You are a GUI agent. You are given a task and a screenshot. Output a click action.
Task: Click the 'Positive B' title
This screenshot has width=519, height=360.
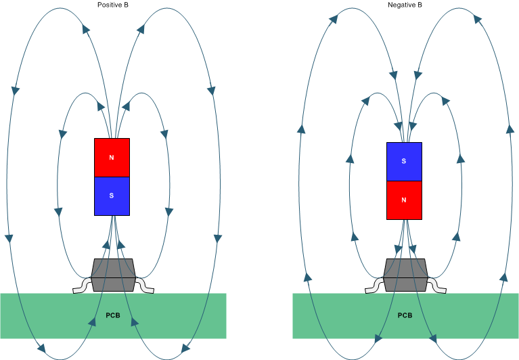[x=112, y=5]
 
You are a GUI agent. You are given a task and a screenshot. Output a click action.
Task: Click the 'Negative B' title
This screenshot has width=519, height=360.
[x=405, y=5]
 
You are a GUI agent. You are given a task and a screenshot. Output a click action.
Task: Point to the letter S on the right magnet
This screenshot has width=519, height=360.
[x=404, y=161]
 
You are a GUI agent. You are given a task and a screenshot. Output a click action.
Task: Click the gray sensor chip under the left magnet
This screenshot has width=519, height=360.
[x=112, y=275]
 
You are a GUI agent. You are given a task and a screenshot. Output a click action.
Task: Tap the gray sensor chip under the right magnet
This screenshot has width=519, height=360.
[x=405, y=275]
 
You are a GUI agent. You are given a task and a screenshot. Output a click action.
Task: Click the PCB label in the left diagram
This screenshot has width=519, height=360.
[x=112, y=315]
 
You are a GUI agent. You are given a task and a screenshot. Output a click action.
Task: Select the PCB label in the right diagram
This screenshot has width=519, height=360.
[x=405, y=315]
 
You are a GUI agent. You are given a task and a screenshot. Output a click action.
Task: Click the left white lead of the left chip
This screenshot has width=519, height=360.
[x=81, y=288]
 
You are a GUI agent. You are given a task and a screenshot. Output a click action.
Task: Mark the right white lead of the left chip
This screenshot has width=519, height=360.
[x=145, y=288]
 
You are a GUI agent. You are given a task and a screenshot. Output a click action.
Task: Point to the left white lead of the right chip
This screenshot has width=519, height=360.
[x=373, y=288]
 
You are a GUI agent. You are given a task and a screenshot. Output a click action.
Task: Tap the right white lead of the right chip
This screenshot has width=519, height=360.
[x=438, y=288]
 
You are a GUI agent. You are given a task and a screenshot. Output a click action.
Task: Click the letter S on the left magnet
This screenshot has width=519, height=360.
[x=112, y=196]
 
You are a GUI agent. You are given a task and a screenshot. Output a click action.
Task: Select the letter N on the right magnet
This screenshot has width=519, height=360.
[x=404, y=200]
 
